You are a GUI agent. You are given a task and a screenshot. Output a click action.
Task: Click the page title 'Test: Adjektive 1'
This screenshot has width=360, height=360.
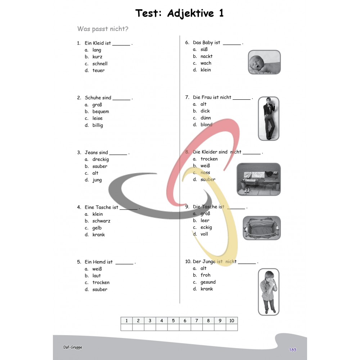click(x=179, y=13)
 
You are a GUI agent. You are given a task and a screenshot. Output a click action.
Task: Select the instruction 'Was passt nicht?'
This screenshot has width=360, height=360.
click(x=103, y=29)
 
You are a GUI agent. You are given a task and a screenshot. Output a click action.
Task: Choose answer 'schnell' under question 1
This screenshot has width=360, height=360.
click(x=100, y=64)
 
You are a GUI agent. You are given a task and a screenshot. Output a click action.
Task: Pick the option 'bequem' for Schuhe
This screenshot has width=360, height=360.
click(x=100, y=112)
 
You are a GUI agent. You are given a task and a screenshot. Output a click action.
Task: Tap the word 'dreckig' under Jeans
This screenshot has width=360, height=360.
click(x=100, y=159)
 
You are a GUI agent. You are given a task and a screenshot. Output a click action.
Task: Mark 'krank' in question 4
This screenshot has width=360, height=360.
click(x=99, y=235)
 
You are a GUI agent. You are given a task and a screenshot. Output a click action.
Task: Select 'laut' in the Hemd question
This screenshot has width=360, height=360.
click(x=96, y=275)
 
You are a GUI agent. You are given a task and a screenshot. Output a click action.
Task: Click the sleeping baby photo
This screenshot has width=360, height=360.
click(x=264, y=62)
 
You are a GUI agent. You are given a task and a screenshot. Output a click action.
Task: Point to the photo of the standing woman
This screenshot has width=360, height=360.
click(x=269, y=118)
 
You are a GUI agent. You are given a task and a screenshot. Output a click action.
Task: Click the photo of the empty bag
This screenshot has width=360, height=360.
click(x=262, y=228)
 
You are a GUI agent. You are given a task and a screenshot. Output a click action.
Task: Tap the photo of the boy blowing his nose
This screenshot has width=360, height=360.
click(x=269, y=292)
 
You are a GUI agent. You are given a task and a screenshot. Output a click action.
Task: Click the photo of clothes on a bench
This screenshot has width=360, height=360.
click(x=259, y=179)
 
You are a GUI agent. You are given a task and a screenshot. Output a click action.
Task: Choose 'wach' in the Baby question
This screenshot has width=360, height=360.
click(x=206, y=63)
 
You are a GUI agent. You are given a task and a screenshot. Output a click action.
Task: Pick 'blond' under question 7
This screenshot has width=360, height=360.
click(x=206, y=125)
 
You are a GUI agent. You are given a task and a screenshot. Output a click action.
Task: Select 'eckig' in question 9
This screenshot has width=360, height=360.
click(x=206, y=228)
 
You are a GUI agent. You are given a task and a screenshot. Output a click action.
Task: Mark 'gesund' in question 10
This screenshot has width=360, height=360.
click(x=208, y=282)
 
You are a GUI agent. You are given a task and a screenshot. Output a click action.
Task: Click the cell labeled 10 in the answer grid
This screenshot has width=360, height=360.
click(x=231, y=320)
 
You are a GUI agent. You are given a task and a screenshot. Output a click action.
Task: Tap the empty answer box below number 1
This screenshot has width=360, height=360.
click(x=126, y=327)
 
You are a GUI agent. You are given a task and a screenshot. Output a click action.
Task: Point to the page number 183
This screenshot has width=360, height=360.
click(x=292, y=350)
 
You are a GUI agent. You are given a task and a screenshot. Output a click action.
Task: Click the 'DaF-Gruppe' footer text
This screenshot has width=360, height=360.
click(x=73, y=347)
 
